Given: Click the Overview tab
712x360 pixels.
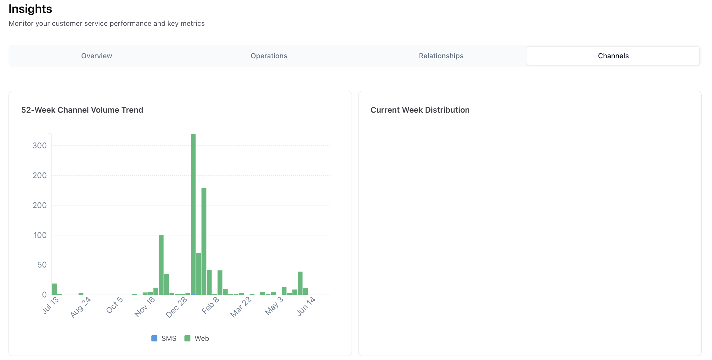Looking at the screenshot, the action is click(97, 56).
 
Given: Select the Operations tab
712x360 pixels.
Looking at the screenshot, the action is click(269, 56).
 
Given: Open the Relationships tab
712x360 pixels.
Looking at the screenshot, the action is click(441, 56).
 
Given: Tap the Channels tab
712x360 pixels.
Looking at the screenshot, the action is click(613, 56).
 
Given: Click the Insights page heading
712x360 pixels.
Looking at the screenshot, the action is click(30, 9).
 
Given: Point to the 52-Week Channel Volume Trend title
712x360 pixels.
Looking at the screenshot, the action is click(82, 110).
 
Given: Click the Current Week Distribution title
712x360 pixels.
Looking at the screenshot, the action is click(420, 110).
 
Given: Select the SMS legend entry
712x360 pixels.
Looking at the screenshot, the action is click(164, 338).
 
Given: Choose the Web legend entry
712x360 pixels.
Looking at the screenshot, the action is click(197, 338).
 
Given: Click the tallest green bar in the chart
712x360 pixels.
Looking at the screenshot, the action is click(193, 214).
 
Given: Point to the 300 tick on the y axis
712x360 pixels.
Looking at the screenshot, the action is click(39, 146).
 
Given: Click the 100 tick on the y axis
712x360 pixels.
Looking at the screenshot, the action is click(40, 235).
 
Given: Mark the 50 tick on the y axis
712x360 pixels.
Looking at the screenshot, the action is click(42, 265).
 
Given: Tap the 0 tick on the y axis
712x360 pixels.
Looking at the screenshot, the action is click(44, 295).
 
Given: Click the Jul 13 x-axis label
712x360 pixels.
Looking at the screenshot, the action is click(50, 305).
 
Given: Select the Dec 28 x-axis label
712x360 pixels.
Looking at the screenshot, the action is click(176, 307).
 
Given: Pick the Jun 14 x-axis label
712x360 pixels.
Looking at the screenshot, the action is click(306, 306).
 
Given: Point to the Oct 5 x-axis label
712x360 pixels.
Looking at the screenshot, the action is click(114, 305).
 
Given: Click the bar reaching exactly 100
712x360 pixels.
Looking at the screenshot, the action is click(161, 265).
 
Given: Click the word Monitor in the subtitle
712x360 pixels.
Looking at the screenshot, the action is click(21, 24).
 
